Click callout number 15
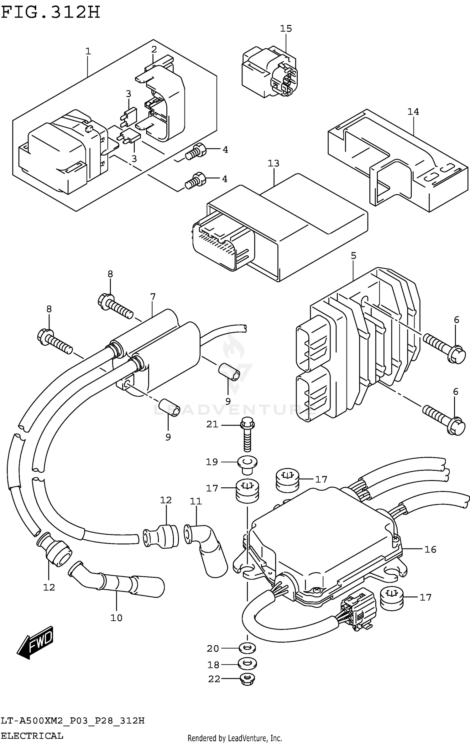tap(286, 28)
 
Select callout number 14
tap(413, 111)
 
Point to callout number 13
tap(273, 163)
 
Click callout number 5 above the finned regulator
tap(353, 255)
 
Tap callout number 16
tap(430, 549)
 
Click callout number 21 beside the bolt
tap(212, 424)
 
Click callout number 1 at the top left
tap(88, 51)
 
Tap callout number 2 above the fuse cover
tap(154, 49)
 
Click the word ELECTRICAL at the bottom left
tap(32, 736)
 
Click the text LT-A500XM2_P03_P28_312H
tap(73, 721)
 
